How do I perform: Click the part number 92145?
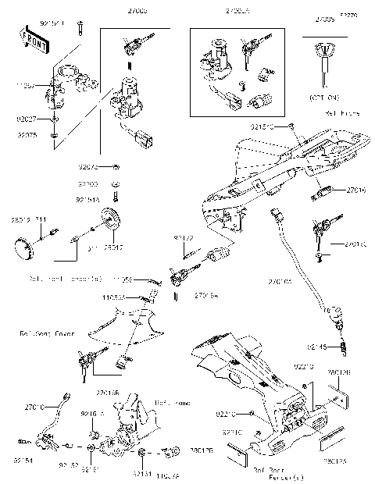click(x=317, y=346)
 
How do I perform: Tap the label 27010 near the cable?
click(x=34, y=407)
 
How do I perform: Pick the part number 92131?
click(x=120, y=473)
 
